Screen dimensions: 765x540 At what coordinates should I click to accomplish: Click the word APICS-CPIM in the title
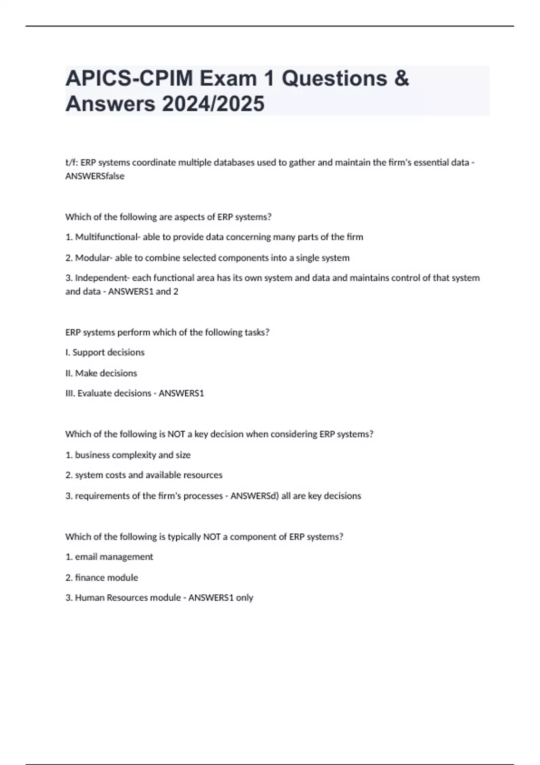(129, 78)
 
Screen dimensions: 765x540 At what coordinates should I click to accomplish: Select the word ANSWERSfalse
(94, 176)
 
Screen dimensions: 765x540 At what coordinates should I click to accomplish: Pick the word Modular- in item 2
(94, 258)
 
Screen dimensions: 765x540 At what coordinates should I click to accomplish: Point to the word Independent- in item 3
(102, 278)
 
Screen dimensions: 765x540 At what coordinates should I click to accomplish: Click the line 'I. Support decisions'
(105, 352)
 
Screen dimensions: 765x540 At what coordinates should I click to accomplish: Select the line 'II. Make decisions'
(101, 373)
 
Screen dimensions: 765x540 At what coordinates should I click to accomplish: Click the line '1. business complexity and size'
(128, 455)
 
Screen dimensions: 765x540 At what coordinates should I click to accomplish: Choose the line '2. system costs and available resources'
(144, 475)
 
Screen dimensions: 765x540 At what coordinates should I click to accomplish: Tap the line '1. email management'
(109, 557)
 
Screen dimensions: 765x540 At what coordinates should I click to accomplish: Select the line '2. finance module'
(102, 578)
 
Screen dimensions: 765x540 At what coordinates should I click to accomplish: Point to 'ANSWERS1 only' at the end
(220, 598)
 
